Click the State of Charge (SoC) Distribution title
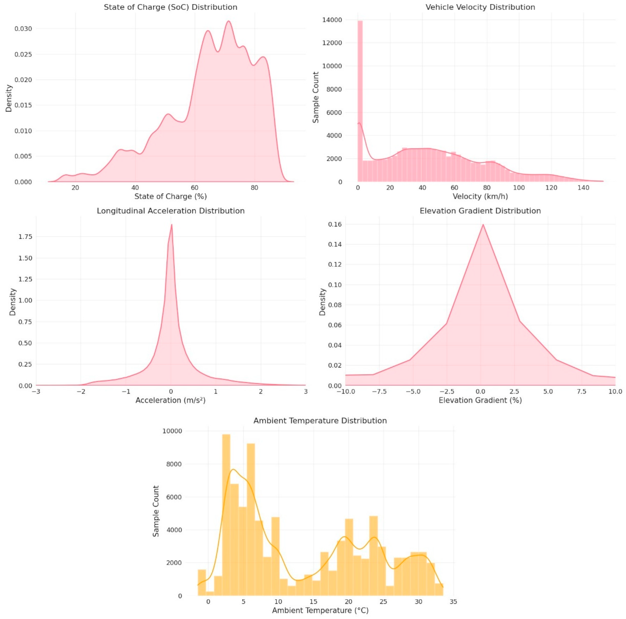170,7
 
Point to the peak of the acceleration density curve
171,225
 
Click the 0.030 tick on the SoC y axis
23,29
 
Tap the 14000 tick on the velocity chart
332,20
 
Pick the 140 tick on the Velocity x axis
583,188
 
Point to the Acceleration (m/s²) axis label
170,400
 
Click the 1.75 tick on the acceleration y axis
26,237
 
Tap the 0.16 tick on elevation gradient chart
335,224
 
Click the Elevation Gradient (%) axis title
480,400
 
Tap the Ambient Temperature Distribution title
320,421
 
